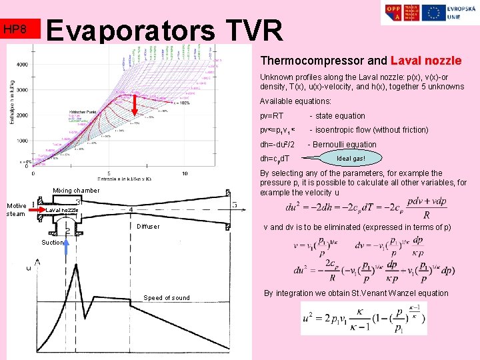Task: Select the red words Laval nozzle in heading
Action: (426, 61)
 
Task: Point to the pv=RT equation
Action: (271, 116)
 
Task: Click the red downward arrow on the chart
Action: (134, 106)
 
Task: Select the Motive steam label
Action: (15, 209)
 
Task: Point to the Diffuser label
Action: (148, 227)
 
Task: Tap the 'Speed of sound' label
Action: (167, 298)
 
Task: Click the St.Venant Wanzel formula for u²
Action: (363, 318)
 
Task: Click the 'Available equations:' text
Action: (295, 101)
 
